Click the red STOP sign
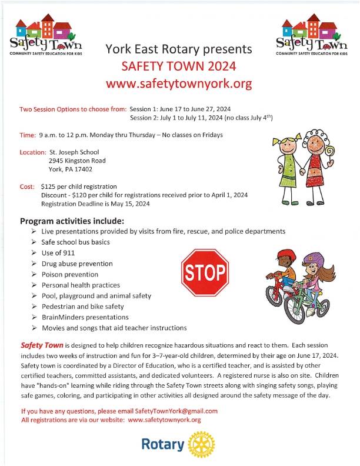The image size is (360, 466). tap(205, 272)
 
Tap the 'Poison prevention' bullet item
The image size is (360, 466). tap(69, 274)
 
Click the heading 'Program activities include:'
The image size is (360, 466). tap(72, 221)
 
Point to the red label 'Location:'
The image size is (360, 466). tap(33, 152)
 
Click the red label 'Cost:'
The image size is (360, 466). tap(27, 187)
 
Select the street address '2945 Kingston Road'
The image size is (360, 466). tap(78, 160)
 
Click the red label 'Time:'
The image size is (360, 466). tap(28, 135)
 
